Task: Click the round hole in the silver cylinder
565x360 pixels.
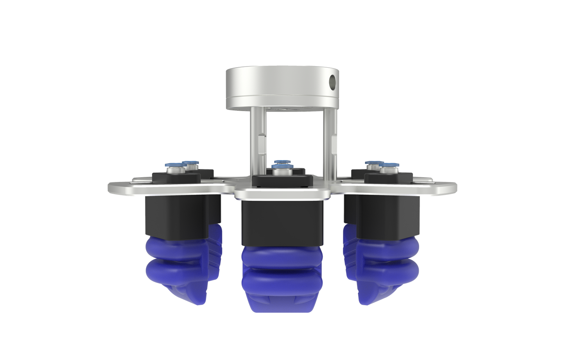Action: [x=333, y=81]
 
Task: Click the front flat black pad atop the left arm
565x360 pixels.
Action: [x=176, y=177]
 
